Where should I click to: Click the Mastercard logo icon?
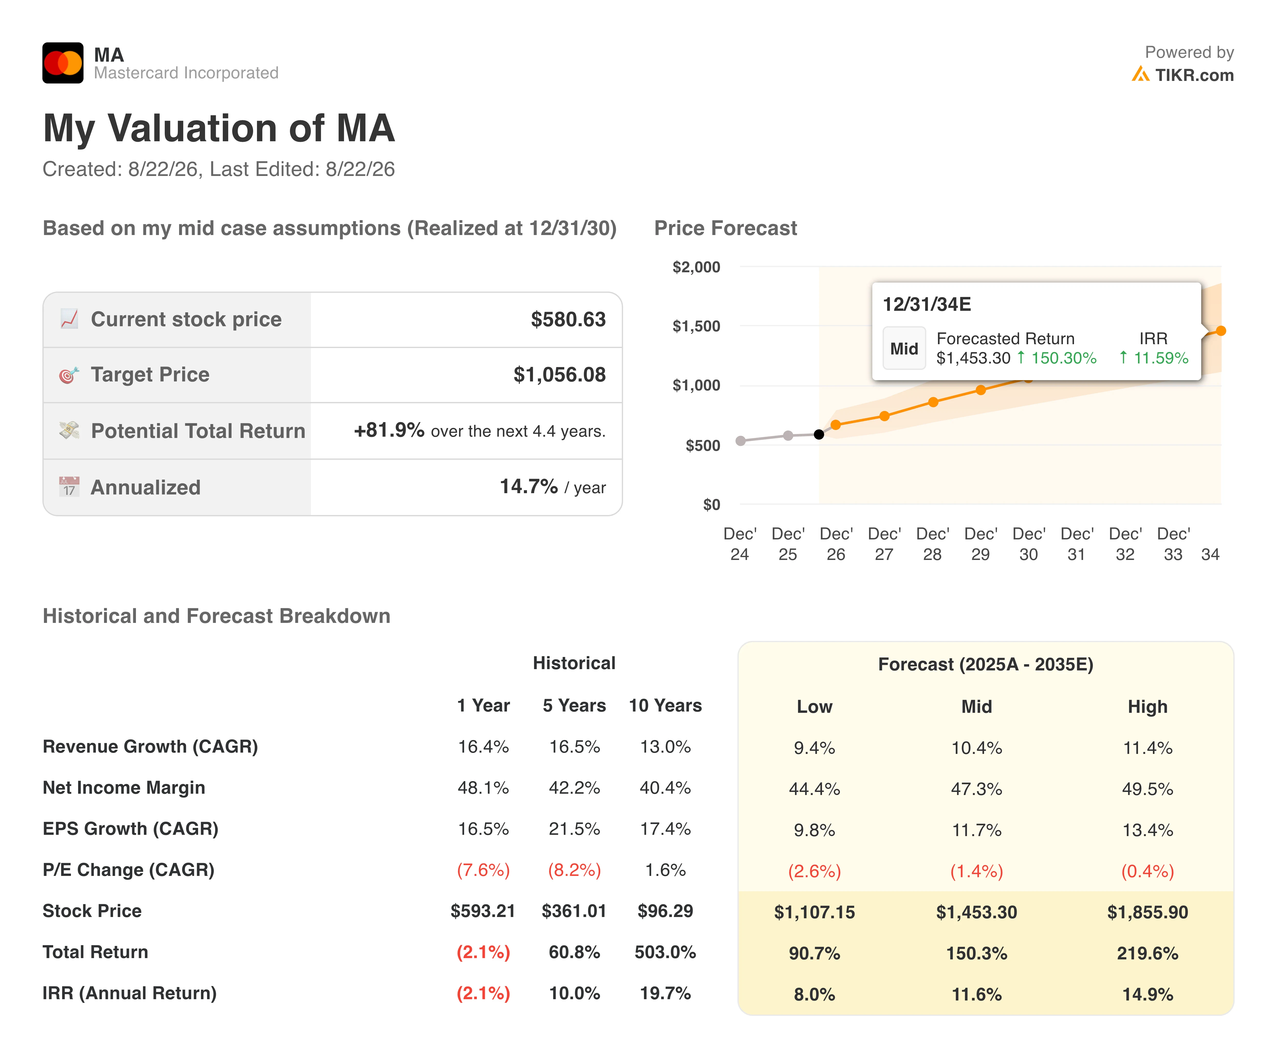(x=63, y=63)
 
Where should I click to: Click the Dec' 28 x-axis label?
(x=932, y=544)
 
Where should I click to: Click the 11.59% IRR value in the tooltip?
(x=1160, y=358)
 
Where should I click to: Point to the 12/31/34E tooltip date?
(x=927, y=304)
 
